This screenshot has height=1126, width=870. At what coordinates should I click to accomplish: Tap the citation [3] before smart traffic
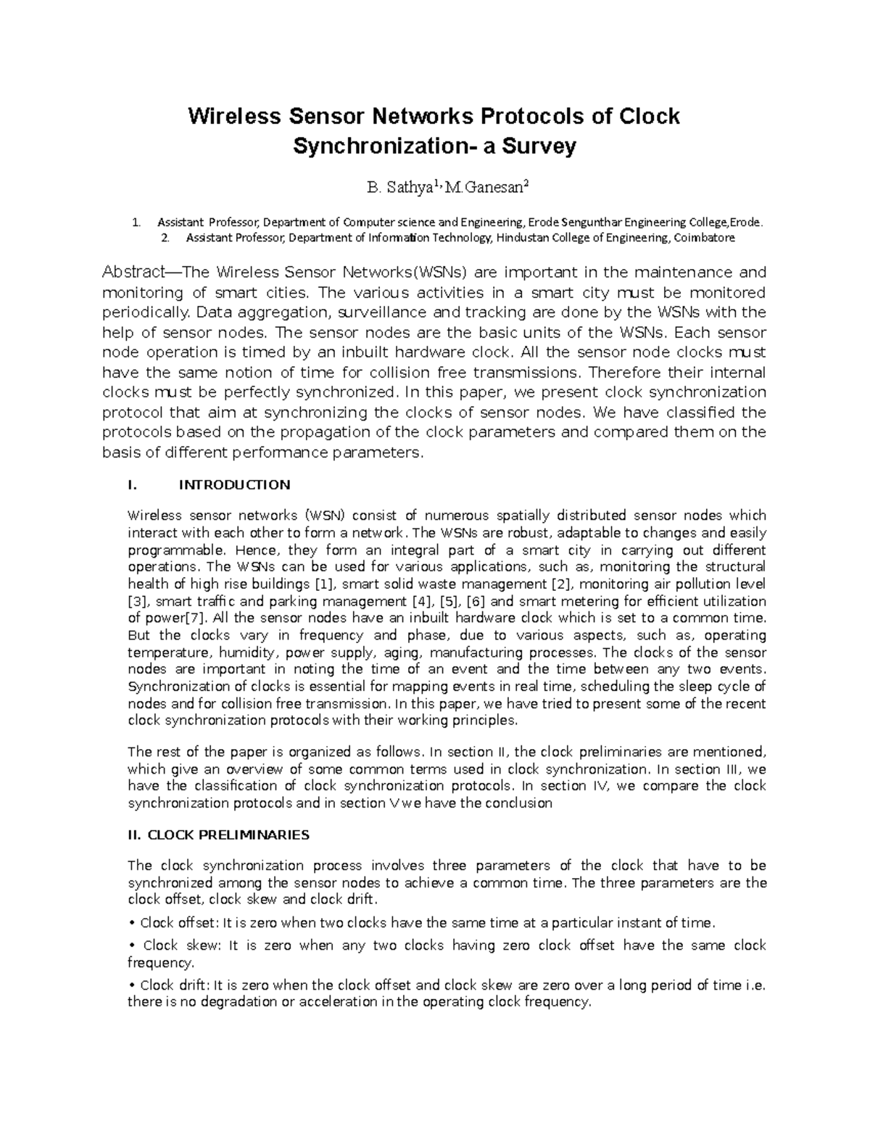click(x=138, y=601)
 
